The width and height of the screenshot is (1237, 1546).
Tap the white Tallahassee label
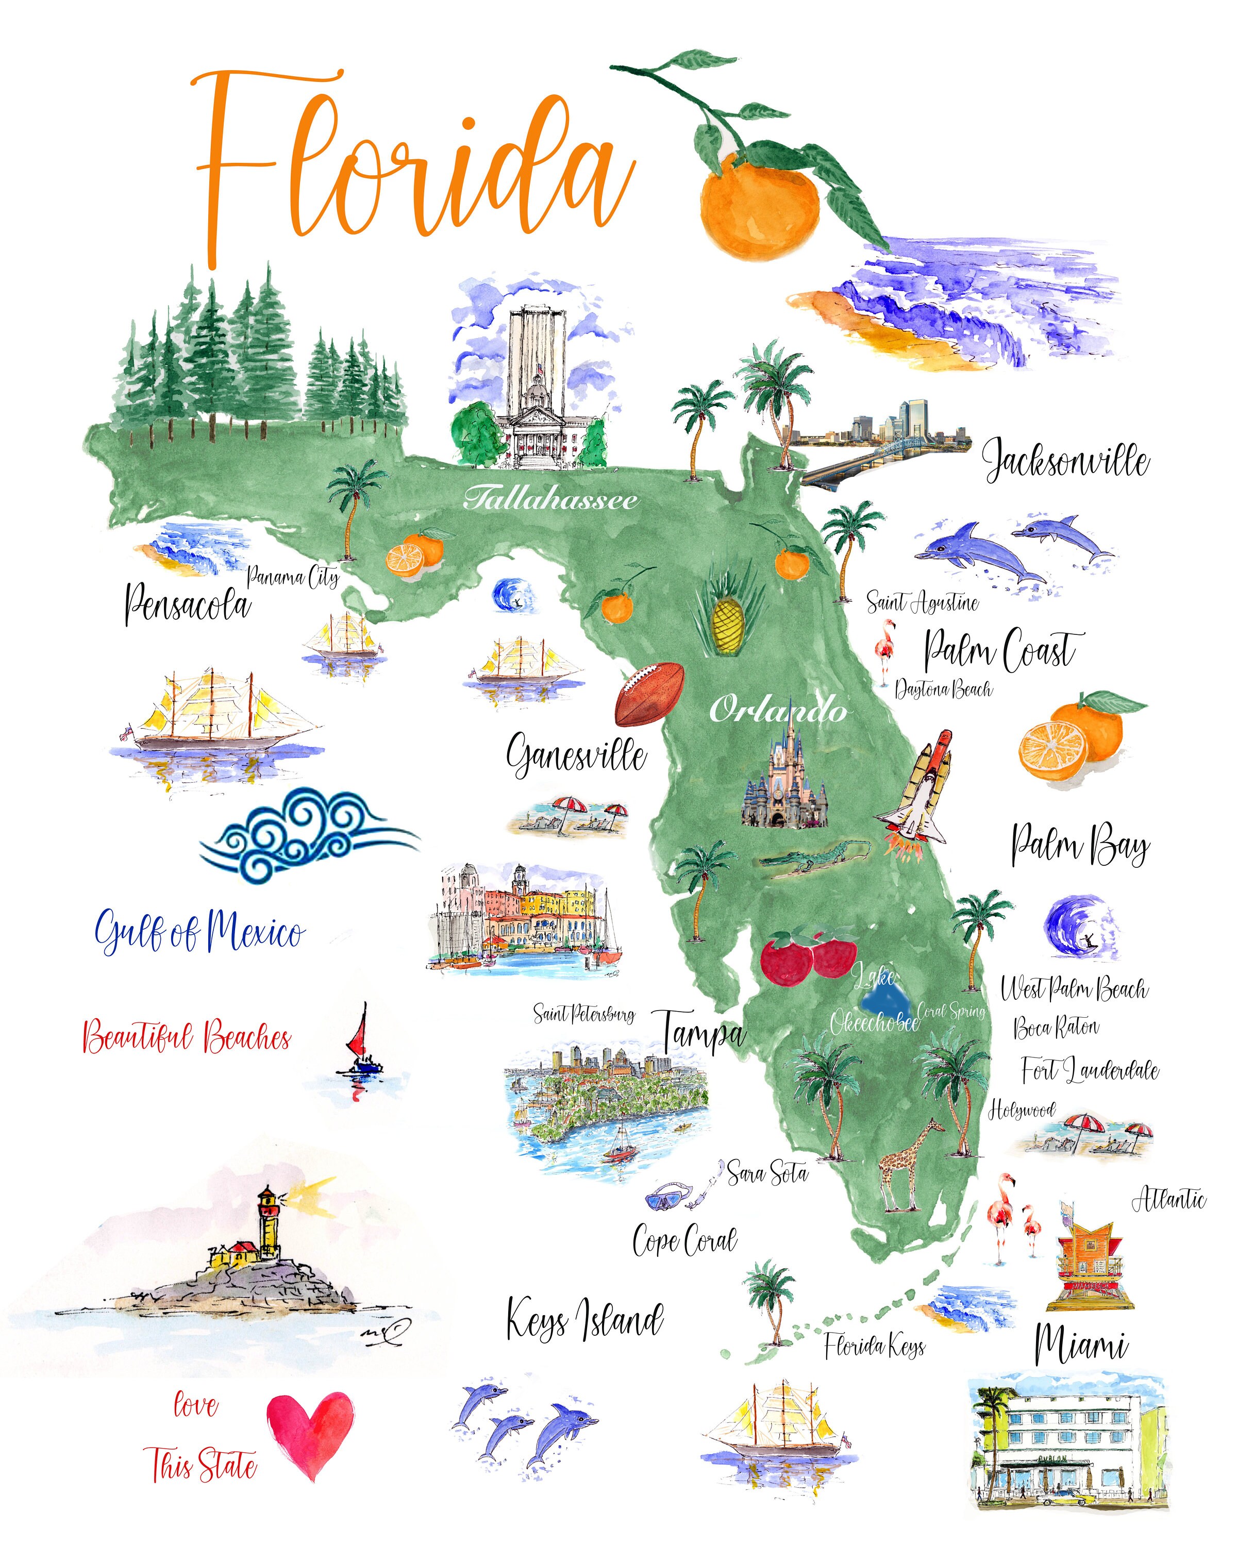point(550,498)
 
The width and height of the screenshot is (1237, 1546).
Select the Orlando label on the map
point(778,710)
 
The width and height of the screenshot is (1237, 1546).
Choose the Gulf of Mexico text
point(199,932)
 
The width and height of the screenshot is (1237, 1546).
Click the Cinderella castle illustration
point(785,782)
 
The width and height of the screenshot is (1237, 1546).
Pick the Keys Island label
point(584,1321)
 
